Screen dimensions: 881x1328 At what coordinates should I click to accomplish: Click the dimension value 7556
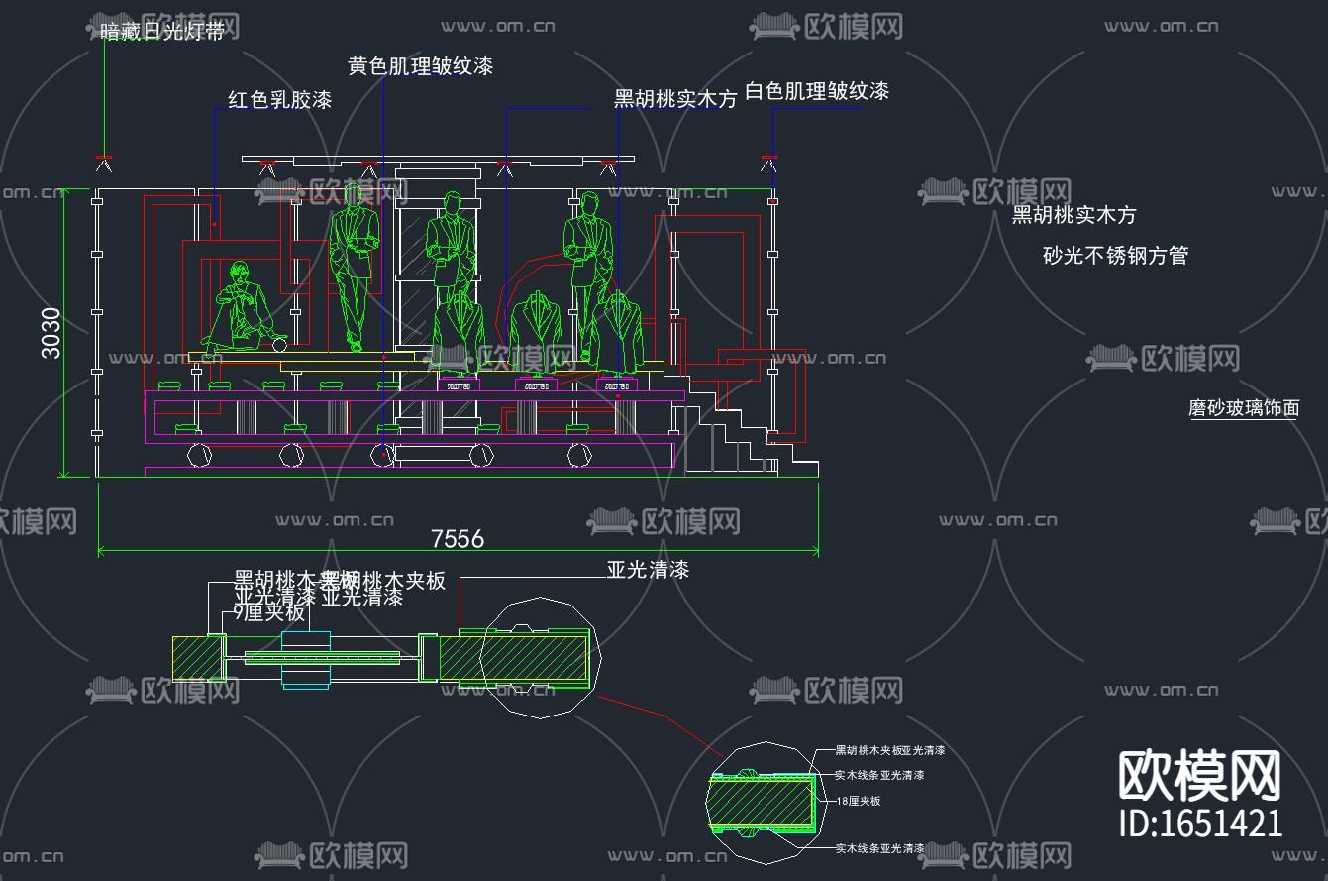click(x=458, y=538)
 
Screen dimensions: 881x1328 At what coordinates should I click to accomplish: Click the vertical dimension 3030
click(x=51, y=333)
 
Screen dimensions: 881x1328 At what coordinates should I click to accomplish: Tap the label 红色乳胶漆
click(x=279, y=100)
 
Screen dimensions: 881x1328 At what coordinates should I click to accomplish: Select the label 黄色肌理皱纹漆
click(x=420, y=66)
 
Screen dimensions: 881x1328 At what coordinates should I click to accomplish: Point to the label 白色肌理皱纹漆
click(x=816, y=92)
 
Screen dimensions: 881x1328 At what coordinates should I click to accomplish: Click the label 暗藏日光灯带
click(x=162, y=32)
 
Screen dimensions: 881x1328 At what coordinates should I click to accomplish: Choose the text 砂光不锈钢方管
click(x=1115, y=256)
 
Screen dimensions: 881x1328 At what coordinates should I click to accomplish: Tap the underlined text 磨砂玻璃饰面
click(x=1243, y=407)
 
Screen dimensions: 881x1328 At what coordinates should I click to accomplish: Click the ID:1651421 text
click(x=1200, y=823)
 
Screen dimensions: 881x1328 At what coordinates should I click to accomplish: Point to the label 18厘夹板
click(x=859, y=801)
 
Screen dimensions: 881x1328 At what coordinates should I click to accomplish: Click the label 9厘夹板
click(x=269, y=613)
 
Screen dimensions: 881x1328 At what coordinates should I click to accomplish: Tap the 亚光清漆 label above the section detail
click(x=648, y=570)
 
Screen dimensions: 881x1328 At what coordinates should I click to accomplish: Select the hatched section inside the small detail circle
click(x=763, y=803)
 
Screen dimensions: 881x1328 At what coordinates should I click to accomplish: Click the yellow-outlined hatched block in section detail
click(x=198, y=657)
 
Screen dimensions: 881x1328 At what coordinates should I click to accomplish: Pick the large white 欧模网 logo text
click(x=1200, y=775)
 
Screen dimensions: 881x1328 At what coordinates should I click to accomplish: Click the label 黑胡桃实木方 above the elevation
click(x=675, y=99)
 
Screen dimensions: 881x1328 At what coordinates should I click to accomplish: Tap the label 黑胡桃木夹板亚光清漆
click(x=889, y=750)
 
